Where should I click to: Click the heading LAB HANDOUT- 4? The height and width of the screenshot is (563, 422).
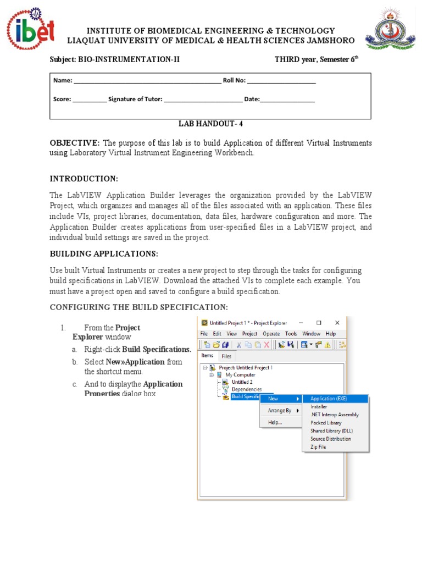click(210, 124)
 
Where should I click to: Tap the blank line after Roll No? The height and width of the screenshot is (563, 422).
click(281, 81)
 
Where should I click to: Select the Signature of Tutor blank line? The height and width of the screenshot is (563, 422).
click(203, 100)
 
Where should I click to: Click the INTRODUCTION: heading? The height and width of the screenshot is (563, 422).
click(84, 179)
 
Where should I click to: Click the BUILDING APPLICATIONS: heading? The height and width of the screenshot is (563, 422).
click(104, 253)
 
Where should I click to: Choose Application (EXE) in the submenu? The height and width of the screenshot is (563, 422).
click(332, 399)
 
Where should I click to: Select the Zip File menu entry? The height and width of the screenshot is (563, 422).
click(318, 447)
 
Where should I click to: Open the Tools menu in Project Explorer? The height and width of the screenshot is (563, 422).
click(291, 334)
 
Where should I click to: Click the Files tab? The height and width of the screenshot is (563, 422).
click(226, 356)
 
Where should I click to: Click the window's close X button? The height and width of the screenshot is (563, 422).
click(337, 323)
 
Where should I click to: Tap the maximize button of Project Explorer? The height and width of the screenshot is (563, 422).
click(319, 323)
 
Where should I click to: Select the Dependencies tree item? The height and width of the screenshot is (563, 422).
click(246, 389)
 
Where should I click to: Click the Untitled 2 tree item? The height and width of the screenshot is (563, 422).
click(242, 382)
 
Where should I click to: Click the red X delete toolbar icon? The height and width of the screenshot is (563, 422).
click(266, 345)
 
